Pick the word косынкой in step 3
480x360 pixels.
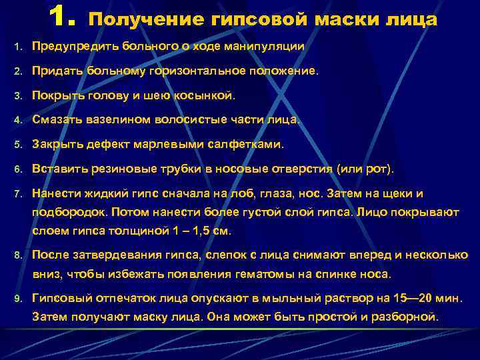tap(205, 95)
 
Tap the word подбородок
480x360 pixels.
tap(69, 212)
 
